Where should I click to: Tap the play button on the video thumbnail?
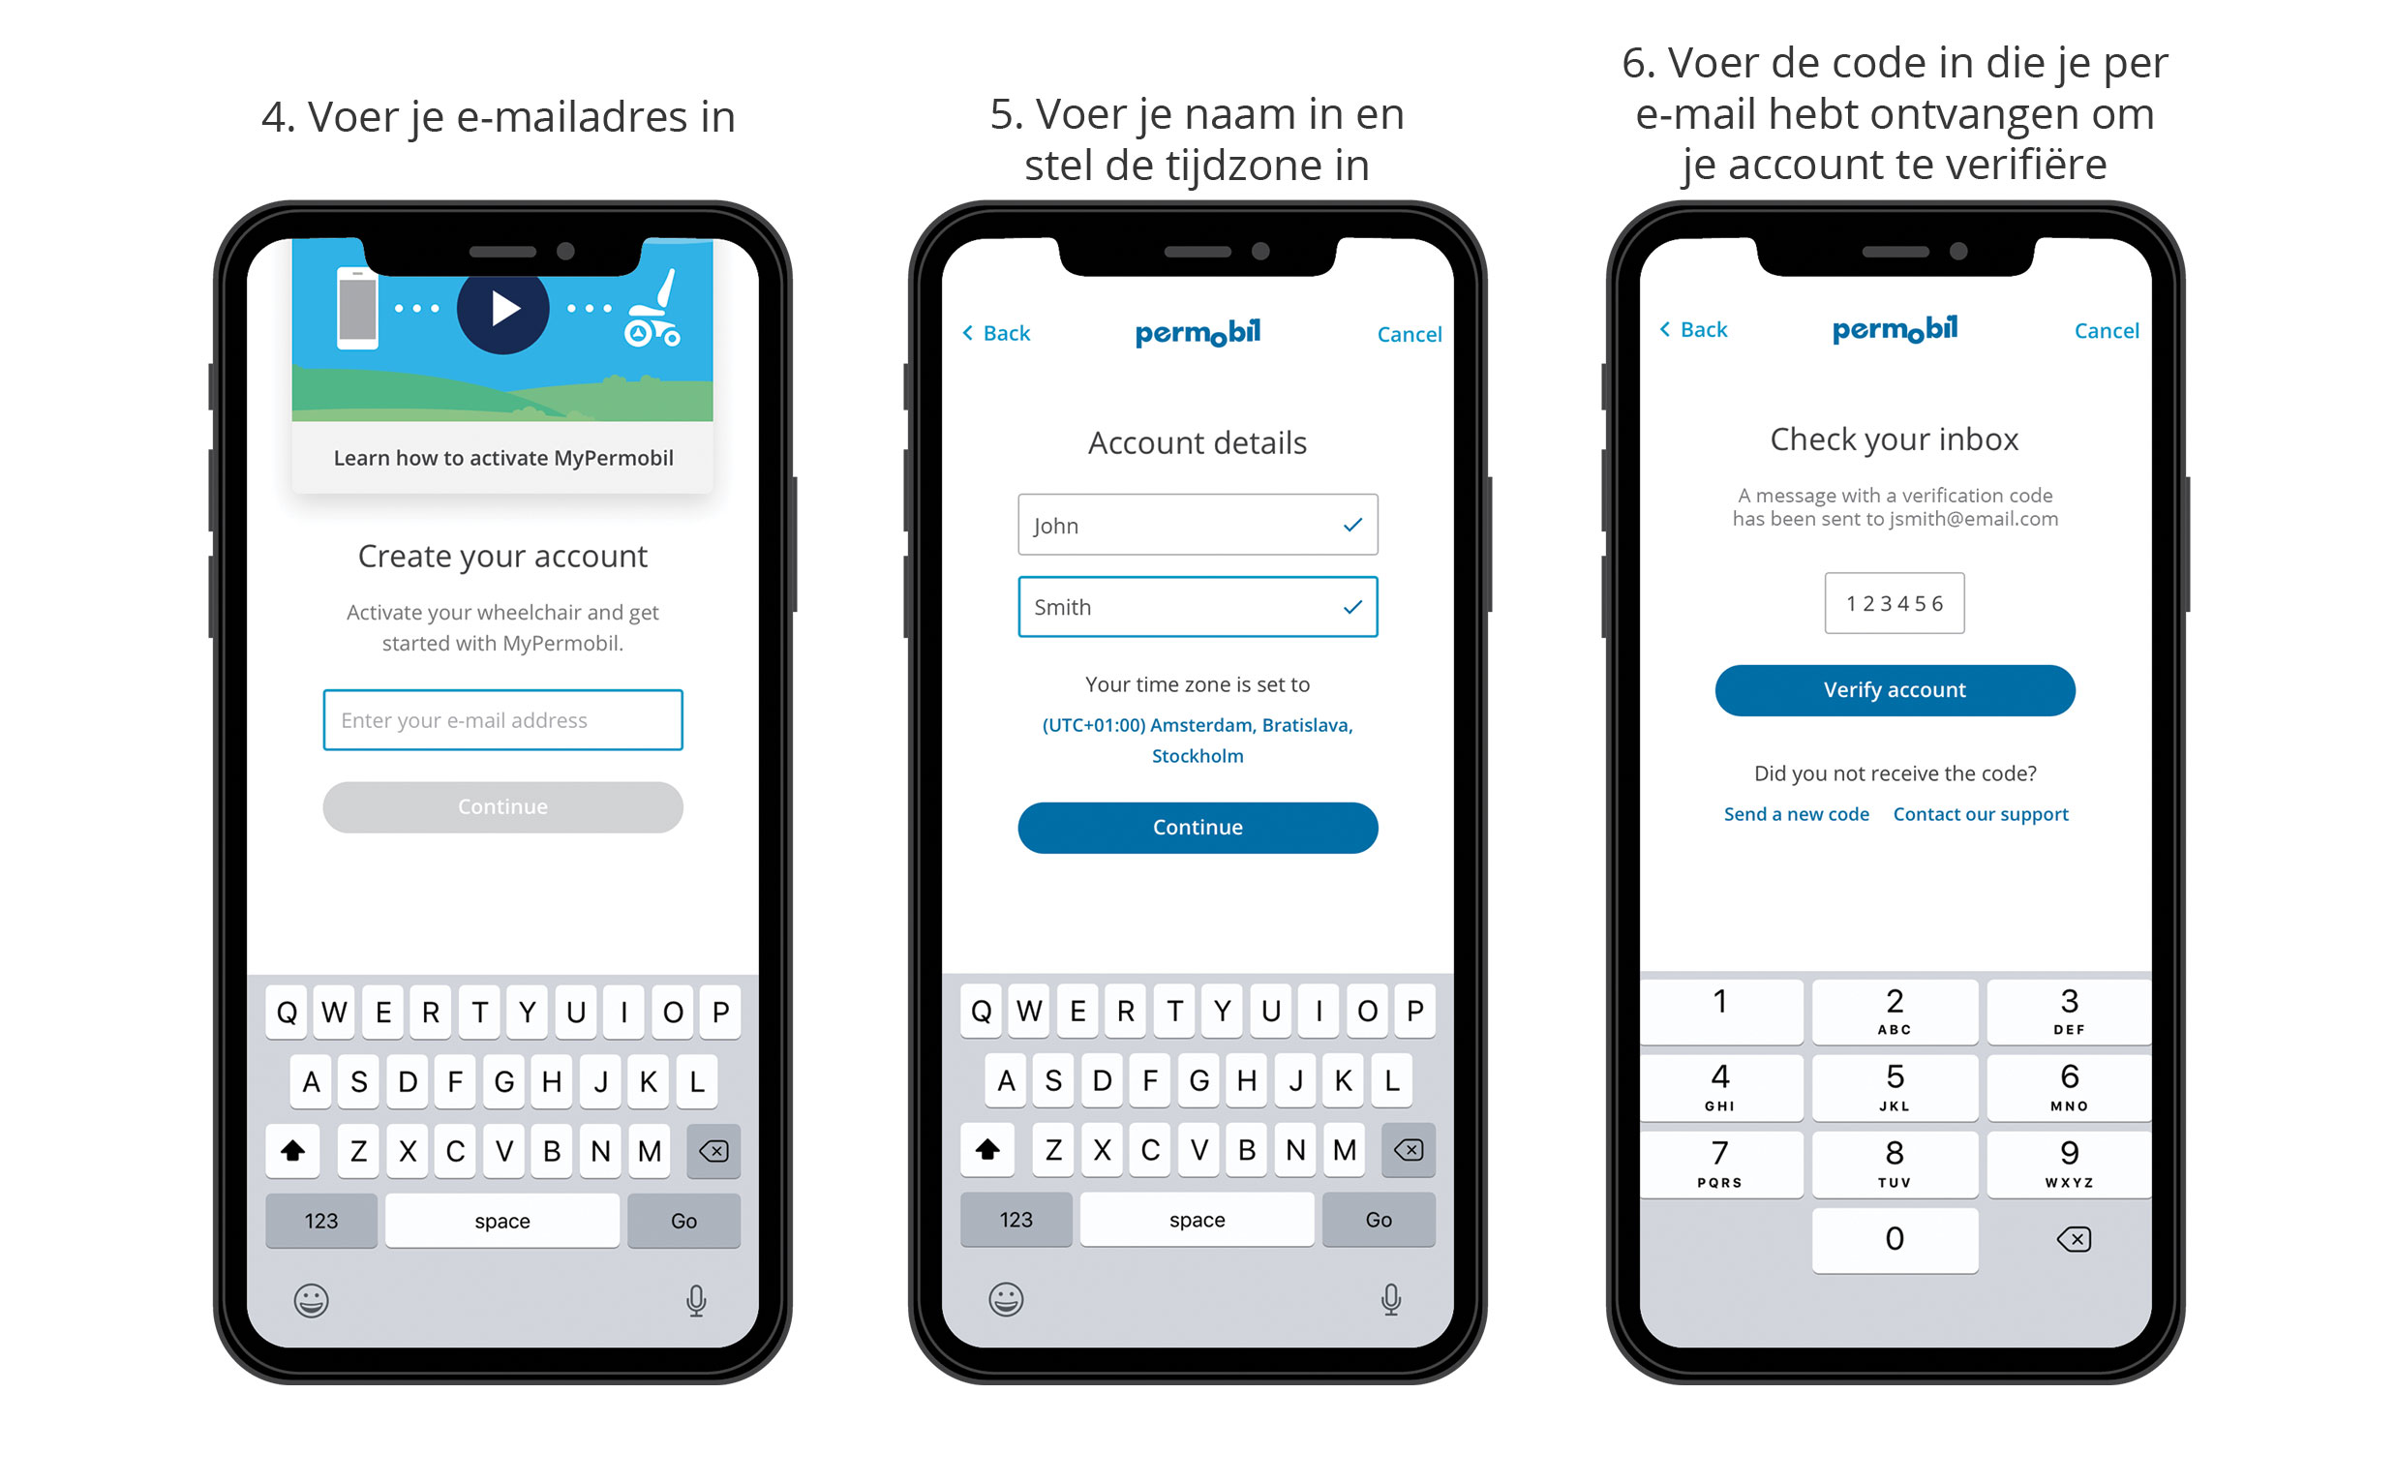tap(502, 308)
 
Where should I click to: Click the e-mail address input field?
tap(502, 719)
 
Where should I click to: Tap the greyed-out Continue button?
tap(502, 806)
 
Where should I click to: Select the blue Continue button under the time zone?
tap(1198, 828)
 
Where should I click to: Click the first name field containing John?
tap(1198, 524)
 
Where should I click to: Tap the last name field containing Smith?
tap(1198, 607)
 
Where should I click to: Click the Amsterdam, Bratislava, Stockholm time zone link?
tap(1198, 740)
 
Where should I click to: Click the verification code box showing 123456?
tap(1895, 603)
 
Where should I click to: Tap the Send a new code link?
tap(1796, 814)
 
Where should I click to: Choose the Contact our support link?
tap(1980, 814)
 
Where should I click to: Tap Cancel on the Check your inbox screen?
tap(2107, 331)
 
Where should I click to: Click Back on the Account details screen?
tap(996, 333)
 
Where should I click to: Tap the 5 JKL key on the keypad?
tap(1895, 1086)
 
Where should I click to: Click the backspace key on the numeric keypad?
tap(2073, 1239)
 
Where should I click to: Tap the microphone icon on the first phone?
tap(696, 1300)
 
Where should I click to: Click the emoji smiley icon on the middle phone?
tap(1006, 1299)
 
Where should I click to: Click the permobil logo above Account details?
tap(1198, 333)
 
